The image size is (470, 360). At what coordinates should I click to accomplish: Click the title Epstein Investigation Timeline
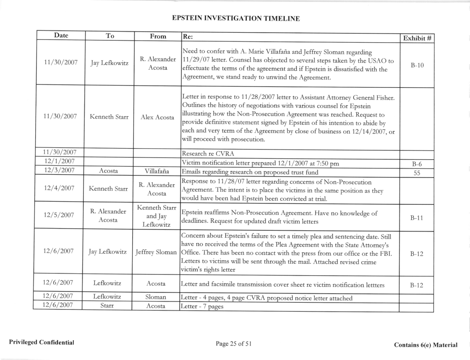point(235,19)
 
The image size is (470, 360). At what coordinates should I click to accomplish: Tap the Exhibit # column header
point(416,37)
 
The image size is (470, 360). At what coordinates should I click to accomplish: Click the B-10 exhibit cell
point(416,64)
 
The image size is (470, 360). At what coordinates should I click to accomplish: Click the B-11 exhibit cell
point(416,214)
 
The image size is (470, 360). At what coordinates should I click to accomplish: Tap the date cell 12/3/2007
point(57,170)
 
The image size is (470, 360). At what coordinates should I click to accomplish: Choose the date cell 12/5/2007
point(57,214)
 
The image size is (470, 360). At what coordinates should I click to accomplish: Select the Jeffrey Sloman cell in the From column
point(156,253)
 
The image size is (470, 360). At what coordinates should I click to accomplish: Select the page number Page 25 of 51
point(234,344)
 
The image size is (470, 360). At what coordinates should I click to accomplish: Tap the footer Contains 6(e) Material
point(425,345)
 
